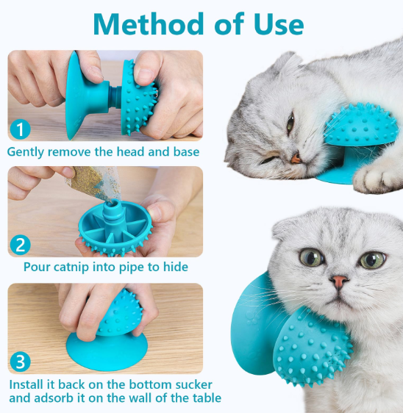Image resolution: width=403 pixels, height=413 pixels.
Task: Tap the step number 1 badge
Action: (x=21, y=129)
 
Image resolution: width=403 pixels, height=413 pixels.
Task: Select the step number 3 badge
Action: (x=21, y=362)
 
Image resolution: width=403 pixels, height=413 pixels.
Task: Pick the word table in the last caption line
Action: (x=203, y=399)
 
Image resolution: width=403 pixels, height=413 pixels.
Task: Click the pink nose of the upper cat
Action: (x=295, y=157)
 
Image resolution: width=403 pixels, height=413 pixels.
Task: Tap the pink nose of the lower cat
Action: (x=339, y=281)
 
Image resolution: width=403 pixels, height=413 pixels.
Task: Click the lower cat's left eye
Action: (x=311, y=257)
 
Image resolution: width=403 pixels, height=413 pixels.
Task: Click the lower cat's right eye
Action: (x=372, y=259)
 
